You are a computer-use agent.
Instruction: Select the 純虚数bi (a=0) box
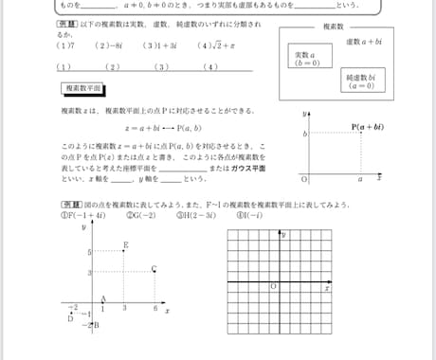coord(361,81)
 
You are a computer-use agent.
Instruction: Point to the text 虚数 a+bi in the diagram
coord(363,43)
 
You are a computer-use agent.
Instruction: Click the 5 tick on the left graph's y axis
coord(87,253)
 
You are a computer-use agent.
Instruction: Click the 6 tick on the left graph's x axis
coord(154,310)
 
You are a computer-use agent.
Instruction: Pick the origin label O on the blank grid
coord(273,285)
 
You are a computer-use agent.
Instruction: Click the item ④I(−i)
coord(249,215)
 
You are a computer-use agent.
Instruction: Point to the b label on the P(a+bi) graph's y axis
coord(305,135)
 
